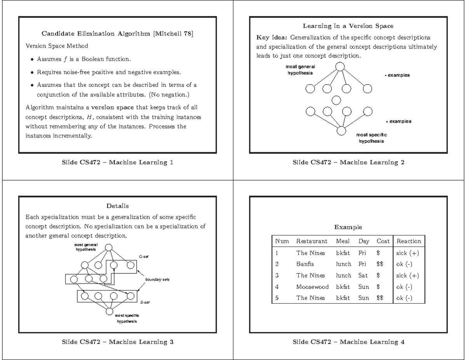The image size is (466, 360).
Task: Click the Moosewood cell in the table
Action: click(x=312, y=287)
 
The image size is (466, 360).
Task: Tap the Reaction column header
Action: click(x=409, y=241)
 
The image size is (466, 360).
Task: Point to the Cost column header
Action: click(x=383, y=241)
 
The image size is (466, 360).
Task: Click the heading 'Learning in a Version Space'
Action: click(x=348, y=26)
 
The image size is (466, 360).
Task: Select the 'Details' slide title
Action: click(x=117, y=205)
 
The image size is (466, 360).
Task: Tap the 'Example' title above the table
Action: click(x=348, y=227)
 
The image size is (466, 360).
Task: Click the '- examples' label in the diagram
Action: click(x=397, y=75)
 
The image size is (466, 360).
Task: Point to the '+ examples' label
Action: click(x=398, y=121)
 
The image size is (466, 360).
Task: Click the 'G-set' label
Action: click(x=143, y=257)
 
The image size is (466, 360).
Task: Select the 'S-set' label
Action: click(x=143, y=302)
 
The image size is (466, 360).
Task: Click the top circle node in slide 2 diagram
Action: click(x=340, y=66)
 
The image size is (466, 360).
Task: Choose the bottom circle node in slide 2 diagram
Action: click(x=341, y=131)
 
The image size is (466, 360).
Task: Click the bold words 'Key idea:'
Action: click(x=272, y=38)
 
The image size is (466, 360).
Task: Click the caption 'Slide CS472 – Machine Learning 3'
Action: click(x=117, y=342)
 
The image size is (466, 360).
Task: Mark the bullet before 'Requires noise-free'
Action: click(x=32, y=72)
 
